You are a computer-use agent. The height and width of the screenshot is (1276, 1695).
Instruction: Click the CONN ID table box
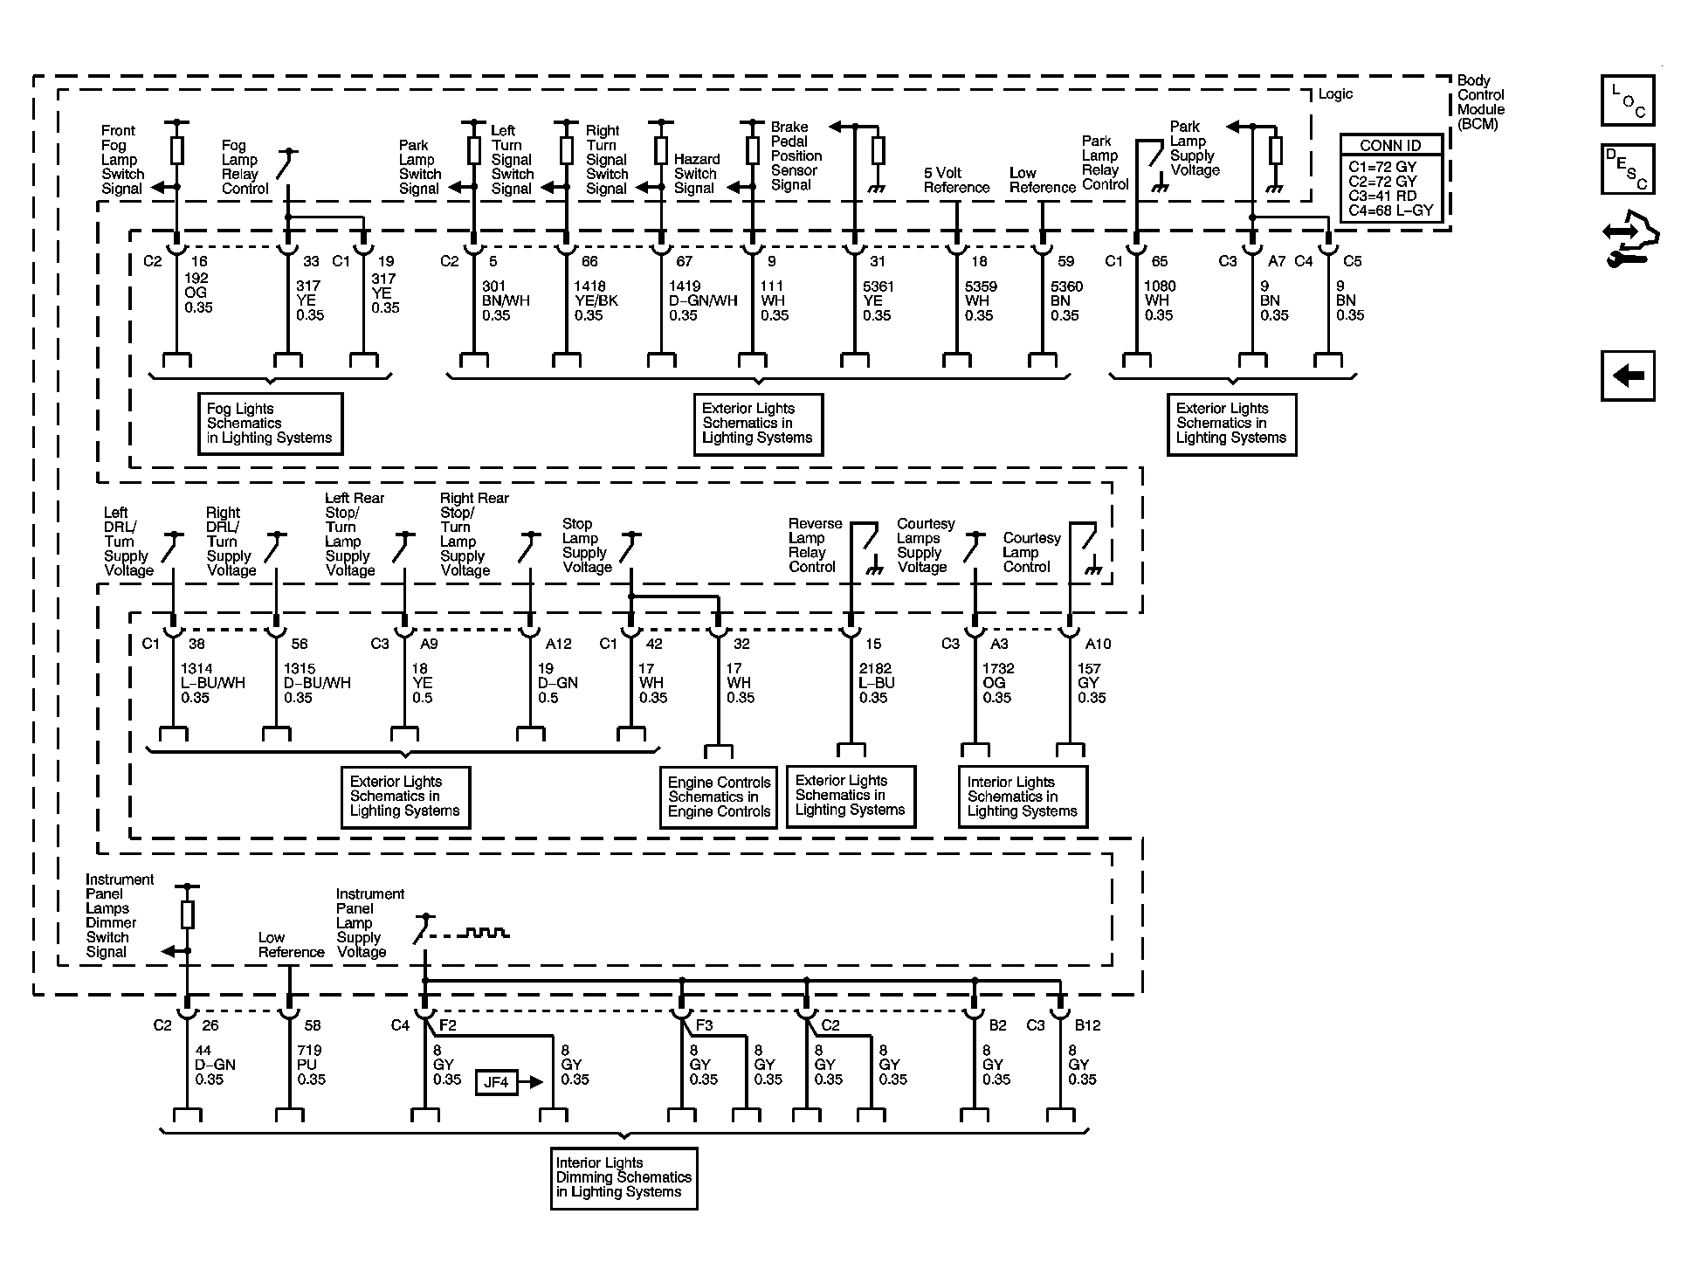click(x=1391, y=178)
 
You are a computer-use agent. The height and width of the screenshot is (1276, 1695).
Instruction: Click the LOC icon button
click(x=1627, y=100)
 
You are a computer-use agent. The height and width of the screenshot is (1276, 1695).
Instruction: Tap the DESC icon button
click(x=1627, y=169)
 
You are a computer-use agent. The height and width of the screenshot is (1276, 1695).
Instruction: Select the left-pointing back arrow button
click(x=1627, y=376)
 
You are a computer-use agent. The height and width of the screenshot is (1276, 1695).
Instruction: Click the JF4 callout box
click(x=496, y=1083)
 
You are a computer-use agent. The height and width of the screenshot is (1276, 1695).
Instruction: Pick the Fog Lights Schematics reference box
click(x=270, y=424)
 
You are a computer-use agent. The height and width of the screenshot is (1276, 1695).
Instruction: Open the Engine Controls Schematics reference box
click(x=719, y=797)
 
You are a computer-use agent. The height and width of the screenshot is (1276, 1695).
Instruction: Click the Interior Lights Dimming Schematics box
click(x=624, y=1177)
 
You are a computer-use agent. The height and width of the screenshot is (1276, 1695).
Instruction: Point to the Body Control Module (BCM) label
click(x=1480, y=102)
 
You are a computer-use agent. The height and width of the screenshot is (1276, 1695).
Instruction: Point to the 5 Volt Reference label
click(x=956, y=180)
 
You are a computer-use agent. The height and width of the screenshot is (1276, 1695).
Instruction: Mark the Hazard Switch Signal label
click(x=696, y=174)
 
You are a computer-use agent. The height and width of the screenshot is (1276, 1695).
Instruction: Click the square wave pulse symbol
click(x=486, y=933)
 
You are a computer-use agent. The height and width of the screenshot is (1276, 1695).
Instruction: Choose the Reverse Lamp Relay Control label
click(x=815, y=545)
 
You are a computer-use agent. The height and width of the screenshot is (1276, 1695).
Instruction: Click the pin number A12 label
click(x=558, y=644)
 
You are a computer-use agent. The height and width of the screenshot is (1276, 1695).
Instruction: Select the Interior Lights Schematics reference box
click(x=1022, y=797)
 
